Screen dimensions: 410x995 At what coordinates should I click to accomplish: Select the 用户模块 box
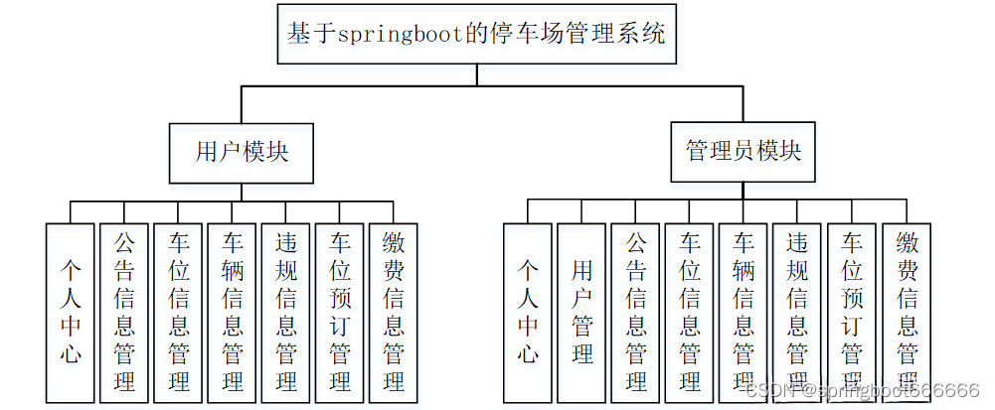(x=243, y=152)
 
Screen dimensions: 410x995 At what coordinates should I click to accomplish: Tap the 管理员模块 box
(x=744, y=152)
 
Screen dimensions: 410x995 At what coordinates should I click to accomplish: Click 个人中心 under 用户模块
(x=70, y=312)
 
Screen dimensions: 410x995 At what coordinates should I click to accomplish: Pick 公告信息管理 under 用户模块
(x=123, y=312)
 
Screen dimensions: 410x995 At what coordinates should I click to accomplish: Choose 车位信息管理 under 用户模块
(x=178, y=312)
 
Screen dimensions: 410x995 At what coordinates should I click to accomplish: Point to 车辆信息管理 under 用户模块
(x=233, y=312)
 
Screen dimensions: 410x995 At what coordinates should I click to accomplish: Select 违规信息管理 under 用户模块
(x=286, y=312)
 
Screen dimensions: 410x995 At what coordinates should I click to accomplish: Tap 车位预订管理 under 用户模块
(x=340, y=312)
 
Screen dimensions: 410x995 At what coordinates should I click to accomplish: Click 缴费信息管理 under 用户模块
(x=394, y=312)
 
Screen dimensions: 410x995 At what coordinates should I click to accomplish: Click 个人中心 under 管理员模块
(x=528, y=312)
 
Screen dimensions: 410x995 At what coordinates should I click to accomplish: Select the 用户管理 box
(x=581, y=312)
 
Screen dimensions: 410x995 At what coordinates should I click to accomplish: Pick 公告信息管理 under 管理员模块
(x=635, y=312)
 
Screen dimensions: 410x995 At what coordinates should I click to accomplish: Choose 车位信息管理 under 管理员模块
(x=690, y=312)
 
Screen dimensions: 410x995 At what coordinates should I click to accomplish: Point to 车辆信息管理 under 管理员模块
(x=744, y=312)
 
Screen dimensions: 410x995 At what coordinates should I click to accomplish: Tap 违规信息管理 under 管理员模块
(x=797, y=312)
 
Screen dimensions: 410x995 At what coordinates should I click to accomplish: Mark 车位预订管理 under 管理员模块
(x=852, y=312)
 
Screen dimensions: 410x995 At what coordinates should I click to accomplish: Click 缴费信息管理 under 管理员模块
(x=907, y=312)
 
